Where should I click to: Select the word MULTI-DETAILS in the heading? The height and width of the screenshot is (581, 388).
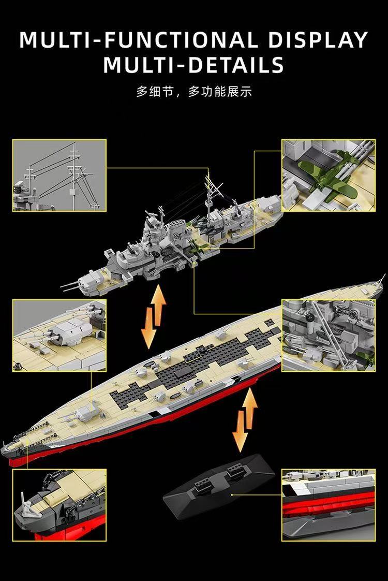(x=193, y=66)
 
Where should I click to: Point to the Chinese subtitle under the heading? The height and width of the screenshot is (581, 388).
(x=193, y=92)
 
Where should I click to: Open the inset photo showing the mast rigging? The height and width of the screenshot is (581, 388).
(x=59, y=175)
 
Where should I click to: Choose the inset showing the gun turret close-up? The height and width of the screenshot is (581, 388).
(x=59, y=335)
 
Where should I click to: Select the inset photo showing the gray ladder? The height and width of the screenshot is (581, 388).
(x=328, y=335)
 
